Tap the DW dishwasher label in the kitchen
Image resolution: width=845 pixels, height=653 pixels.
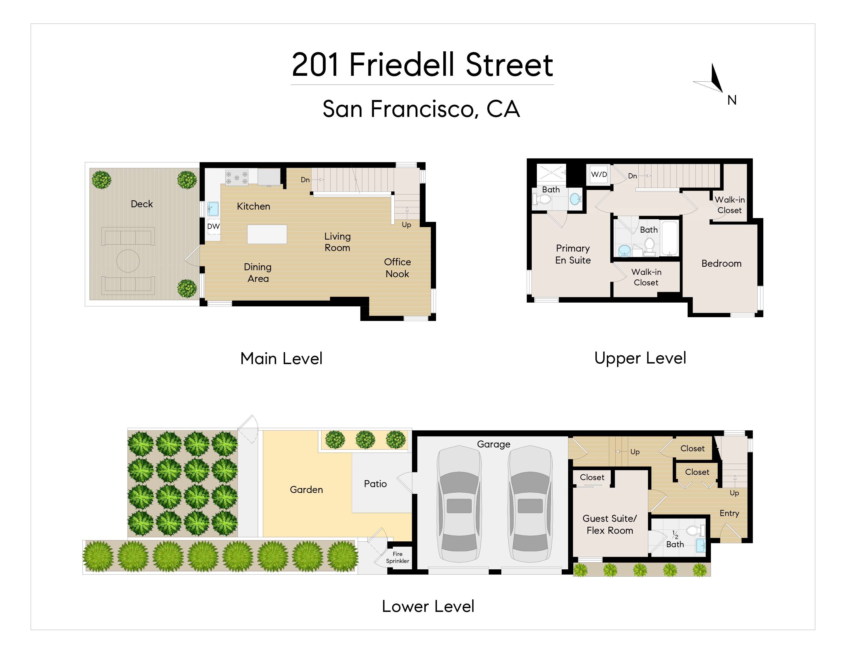tap(213, 226)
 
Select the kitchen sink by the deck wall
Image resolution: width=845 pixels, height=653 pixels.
tap(213, 209)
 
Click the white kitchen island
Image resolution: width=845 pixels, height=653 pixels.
tap(267, 234)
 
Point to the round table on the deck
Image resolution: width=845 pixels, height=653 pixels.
tap(128, 261)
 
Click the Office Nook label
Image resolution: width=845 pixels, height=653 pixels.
tap(397, 268)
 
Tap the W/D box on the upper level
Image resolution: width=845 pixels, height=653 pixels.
tap(599, 174)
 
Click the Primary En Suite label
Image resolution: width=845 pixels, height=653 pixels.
tap(573, 254)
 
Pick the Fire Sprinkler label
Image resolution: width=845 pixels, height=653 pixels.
tap(397, 557)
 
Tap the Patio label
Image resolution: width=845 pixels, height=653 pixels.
tap(375, 484)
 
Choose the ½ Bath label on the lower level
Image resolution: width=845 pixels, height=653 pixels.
tap(675, 540)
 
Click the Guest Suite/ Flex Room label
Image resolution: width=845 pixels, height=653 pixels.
tap(609, 524)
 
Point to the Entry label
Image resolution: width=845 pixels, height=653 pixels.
tap(729, 513)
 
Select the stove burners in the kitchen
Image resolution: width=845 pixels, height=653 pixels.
tap(236, 178)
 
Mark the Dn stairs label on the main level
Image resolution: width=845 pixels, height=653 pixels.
tap(305, 180)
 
